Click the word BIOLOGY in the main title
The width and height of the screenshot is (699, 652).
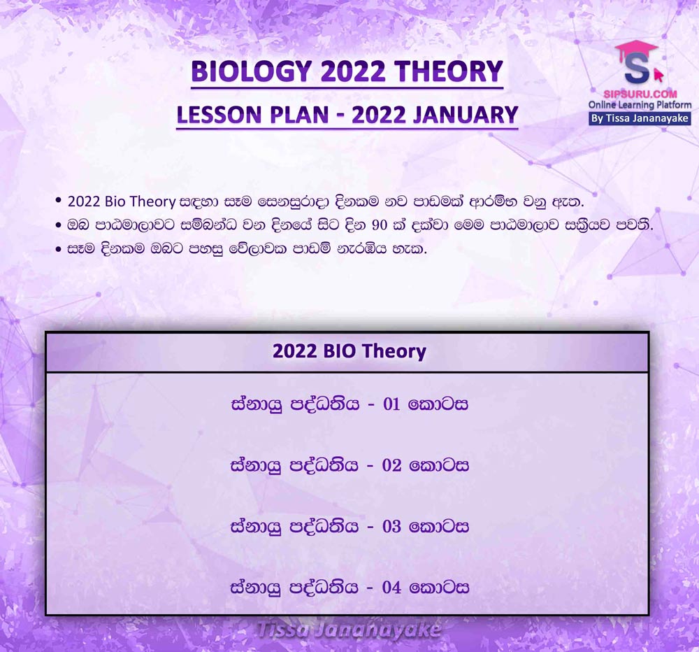click(x=251, y=71)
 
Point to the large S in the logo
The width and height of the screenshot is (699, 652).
click(x=637, y=69)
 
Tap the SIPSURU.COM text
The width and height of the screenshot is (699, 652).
click(x=640, y=94)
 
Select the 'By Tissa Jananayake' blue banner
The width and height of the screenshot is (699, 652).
click(x=640, y=118)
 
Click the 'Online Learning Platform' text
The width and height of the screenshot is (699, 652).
click(x=640, y=106)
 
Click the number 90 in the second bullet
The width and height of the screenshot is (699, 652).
click(x=380, y=225)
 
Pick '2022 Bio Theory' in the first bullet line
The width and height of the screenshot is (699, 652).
click(x=121, y=201)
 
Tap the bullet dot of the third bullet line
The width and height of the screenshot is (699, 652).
click(x=59, y=249)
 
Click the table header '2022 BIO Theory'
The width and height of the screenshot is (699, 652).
click(x=349, y=351)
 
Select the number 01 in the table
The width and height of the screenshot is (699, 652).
click(x=391, y=404)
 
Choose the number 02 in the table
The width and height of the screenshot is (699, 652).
click(x=392, y=465)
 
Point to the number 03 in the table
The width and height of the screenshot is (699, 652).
click(x=392, y=526)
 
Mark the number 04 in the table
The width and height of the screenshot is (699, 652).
click(x=392, y=588)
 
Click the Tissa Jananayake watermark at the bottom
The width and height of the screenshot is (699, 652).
click(x=349, y=630)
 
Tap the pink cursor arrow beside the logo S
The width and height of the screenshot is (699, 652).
click(x=658, y=74)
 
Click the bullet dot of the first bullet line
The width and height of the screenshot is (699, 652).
click(x=59, y=200)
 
